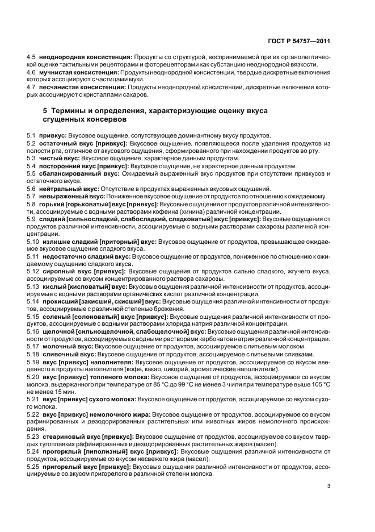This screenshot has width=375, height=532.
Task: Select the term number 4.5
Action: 31,58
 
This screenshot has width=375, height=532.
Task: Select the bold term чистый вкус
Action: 59,157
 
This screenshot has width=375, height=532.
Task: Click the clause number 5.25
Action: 32,467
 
